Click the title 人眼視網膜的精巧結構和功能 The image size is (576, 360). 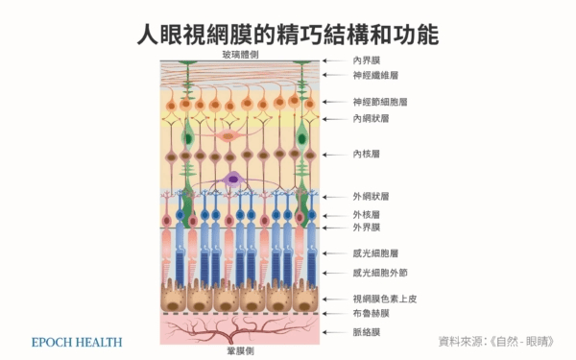288,35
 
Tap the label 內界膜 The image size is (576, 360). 367,60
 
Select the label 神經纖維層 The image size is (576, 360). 375,75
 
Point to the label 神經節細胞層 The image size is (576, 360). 380,102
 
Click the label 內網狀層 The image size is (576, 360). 371,119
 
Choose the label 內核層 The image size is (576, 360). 367,154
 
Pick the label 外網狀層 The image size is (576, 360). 371,197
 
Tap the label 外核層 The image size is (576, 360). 367,214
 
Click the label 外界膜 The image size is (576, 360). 367,228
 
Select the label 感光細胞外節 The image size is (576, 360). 380,273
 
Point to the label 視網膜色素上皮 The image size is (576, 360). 385,299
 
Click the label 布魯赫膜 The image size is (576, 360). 371,313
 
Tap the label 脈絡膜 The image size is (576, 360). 367,332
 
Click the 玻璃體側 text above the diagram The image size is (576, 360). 240,55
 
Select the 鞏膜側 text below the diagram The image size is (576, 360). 240,351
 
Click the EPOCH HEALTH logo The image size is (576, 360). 77,343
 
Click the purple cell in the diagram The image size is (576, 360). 233,180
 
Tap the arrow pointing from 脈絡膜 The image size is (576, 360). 335,332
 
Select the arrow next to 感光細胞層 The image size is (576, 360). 335,253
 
